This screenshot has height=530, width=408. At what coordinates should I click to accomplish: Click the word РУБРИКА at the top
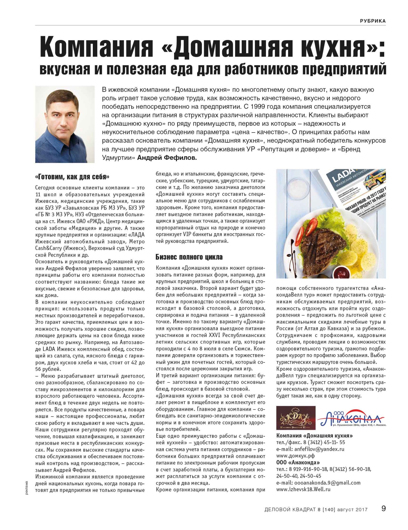click(373, 21)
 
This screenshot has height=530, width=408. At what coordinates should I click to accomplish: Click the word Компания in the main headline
click(96, 47)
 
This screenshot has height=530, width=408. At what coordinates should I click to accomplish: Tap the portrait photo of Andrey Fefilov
click(65, 124)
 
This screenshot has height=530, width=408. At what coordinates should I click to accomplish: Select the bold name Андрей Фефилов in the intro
click(167, 158)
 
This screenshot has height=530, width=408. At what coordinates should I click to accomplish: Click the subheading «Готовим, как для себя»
click(72, 177)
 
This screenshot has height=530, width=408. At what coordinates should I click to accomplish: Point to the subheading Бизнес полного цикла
click(189, 257)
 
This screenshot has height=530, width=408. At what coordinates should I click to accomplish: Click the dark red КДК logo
click(296, 418)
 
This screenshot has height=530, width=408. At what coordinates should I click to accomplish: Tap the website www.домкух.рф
click(295, 456)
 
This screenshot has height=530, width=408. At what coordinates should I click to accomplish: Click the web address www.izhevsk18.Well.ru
click(303, 489)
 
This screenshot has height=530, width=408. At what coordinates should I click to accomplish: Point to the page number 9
click(383, 508)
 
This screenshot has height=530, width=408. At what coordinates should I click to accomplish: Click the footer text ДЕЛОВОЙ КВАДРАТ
click(290, 510)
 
